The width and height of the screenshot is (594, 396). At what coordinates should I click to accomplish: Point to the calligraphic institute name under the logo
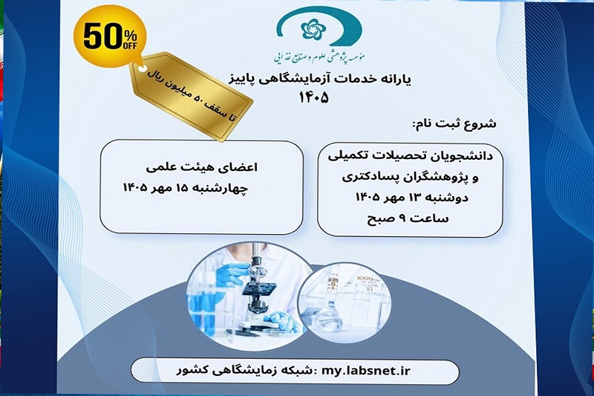click(319, 56)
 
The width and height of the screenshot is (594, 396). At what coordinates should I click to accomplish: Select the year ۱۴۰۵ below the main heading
click(313, 98)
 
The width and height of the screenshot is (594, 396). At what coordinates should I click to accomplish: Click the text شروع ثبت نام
click(454, 124)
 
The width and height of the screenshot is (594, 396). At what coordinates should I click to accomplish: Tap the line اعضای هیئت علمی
click(201, 167)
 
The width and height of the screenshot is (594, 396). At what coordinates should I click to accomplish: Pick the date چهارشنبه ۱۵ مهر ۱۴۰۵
click(186, 187)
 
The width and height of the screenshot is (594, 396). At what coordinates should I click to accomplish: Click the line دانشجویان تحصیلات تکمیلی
click(411, 156)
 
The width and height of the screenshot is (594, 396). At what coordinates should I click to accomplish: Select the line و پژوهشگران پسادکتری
click(411, 177)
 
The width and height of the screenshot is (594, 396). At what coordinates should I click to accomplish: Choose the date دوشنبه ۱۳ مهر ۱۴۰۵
click(412, 198)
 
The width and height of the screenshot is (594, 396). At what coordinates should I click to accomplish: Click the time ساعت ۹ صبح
click(408, 218)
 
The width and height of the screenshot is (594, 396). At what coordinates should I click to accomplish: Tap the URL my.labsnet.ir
click(366, 370)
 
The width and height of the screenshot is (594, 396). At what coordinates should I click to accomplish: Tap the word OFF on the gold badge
click(130, 45)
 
